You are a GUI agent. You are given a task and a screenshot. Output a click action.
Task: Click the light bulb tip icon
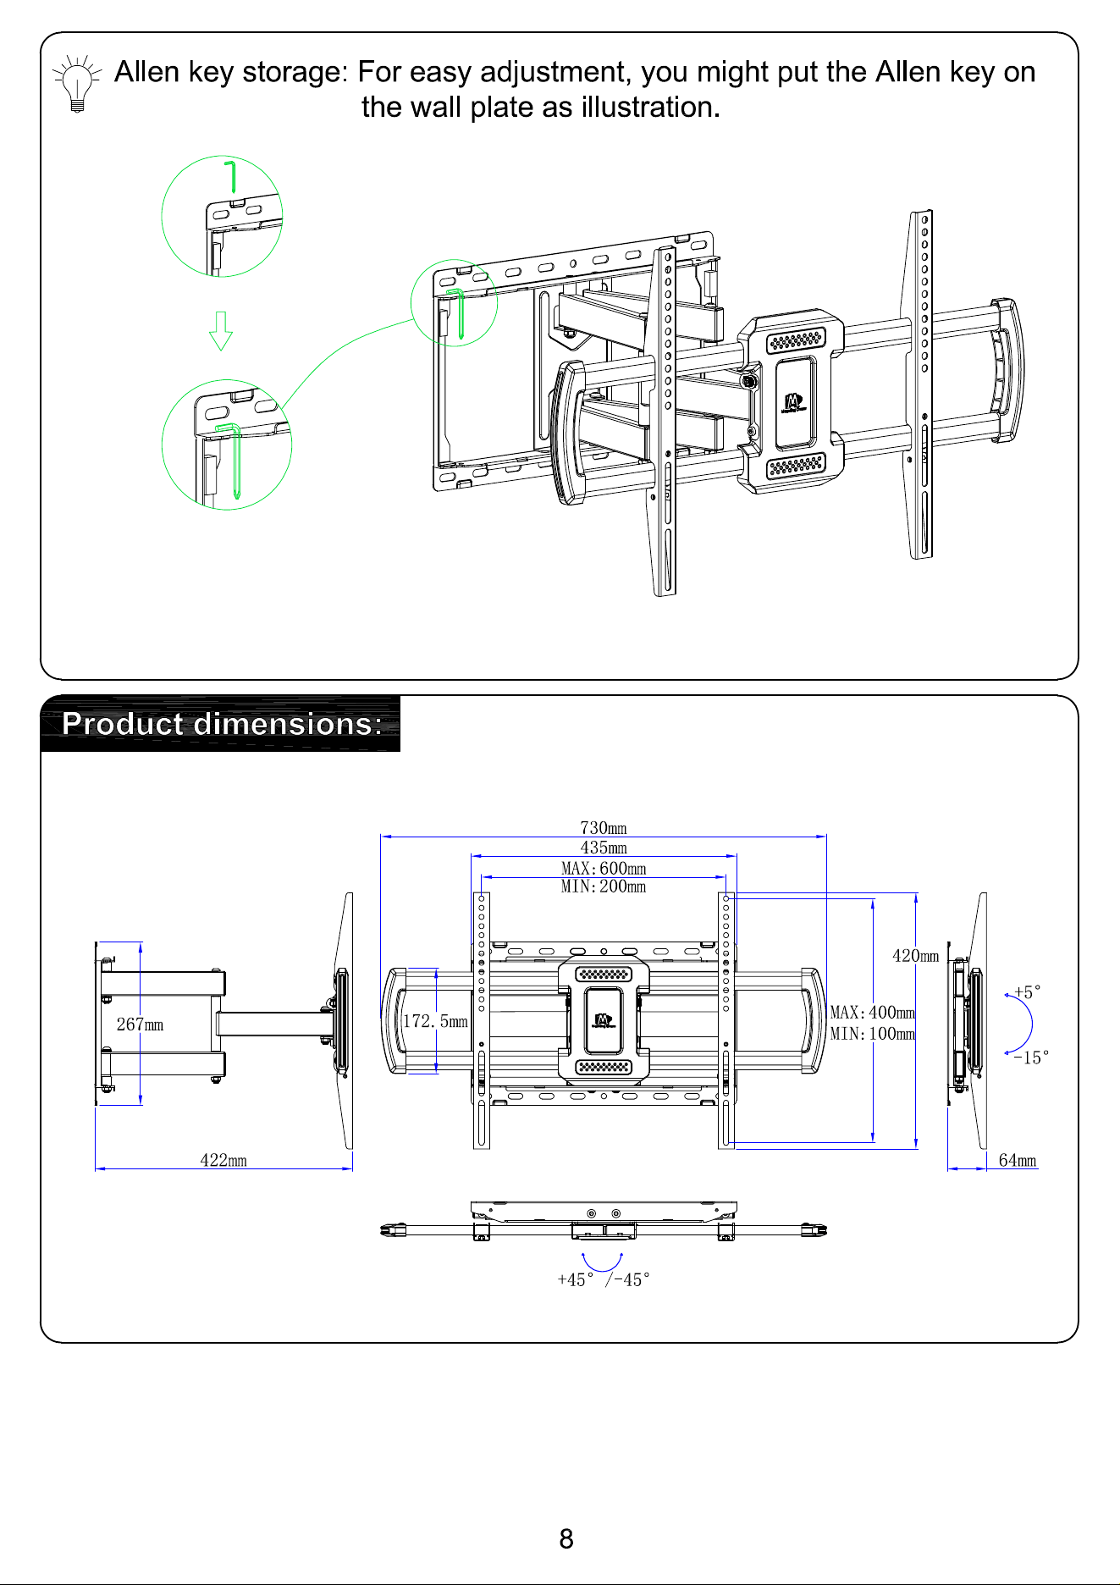point(77,84)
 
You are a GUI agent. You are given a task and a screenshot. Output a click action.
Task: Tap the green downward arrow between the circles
point(221,331)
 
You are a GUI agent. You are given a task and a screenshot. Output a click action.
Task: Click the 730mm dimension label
point(604,827)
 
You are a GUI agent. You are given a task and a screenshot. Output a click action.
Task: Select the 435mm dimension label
point(604,848)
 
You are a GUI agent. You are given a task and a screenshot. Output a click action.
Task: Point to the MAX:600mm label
point(604,868)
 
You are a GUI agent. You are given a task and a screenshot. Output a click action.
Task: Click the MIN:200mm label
point(604,886)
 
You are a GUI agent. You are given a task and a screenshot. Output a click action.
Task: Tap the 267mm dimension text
point(140,1024)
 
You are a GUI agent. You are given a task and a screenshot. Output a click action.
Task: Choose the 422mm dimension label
point(223,1160)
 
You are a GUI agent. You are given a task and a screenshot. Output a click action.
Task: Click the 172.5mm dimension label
point(435,1021)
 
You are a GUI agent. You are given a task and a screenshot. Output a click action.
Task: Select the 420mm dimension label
point(916,956)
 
